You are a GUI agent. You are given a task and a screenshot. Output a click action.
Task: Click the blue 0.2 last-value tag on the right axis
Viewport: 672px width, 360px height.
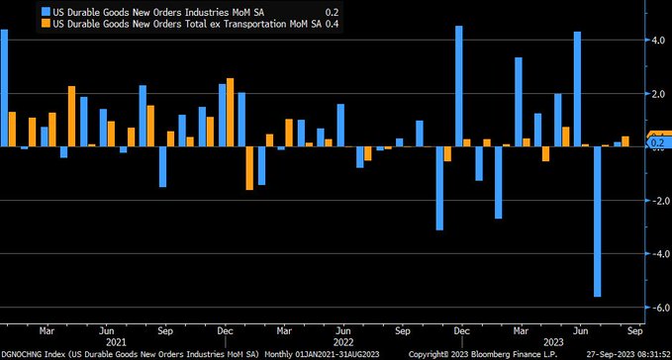click(x=657, y=143)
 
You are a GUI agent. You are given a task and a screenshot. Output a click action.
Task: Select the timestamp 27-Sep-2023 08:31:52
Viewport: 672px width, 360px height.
click(x=621, y=352)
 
